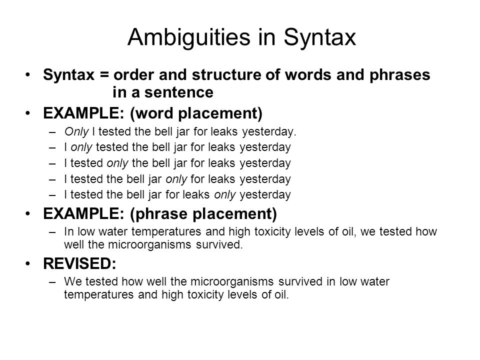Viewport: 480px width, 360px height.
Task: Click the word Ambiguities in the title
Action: [x=189, y=38]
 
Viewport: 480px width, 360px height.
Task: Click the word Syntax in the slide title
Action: [x=319, y=38]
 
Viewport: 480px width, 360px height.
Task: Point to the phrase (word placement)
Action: [x=196, y=113]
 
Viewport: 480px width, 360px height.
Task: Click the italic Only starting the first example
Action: [x=76, y=131]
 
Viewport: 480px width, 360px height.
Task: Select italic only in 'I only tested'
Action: [x=81, y=147]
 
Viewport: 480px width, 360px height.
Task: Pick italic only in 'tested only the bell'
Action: [x=117, y=163]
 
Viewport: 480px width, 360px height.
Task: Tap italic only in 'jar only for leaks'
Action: [x=176, y=179]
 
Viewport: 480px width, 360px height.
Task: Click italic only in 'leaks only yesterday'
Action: [x=225, y=194]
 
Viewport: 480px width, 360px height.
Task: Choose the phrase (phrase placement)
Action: [x=203, y=213]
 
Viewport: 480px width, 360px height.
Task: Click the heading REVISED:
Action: [x=80, y=263]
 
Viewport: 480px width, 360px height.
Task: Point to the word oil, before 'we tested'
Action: [x=349, y=231]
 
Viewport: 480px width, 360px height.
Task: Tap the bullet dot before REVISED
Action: [x=28, y=263]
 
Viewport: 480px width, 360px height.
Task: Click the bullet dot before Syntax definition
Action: [x=28, y=74]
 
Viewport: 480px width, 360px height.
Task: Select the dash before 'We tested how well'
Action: [x=52, y=282]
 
